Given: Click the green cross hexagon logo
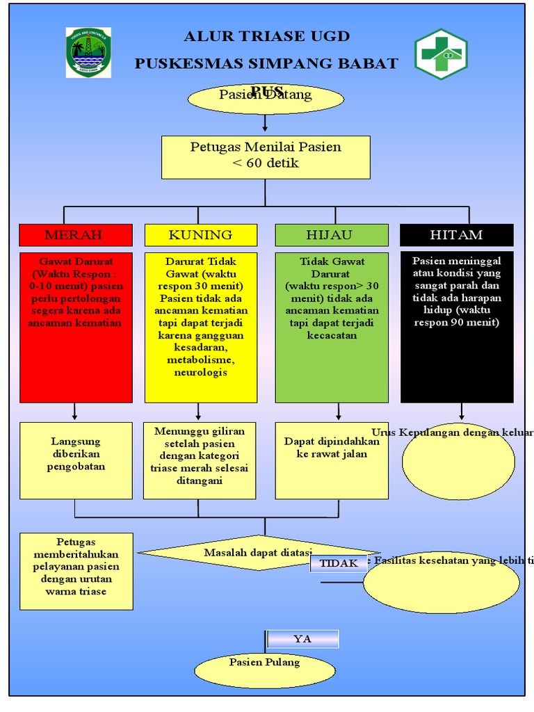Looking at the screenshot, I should (441, 54).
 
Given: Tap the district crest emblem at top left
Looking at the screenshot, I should (88, 52).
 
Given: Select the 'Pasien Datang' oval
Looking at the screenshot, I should (266, 98).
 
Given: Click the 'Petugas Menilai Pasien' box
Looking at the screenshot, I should (266, 157).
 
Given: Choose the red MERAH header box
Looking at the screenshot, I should (75, 235).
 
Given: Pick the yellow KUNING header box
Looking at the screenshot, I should (200, 235).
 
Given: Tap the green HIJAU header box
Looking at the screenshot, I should (331, 235).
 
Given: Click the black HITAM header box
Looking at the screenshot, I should (456, 235).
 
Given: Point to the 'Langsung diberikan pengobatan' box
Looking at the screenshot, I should (76, 460).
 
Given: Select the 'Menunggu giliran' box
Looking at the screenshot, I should (200, 460).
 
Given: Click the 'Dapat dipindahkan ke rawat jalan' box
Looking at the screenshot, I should (332, 460).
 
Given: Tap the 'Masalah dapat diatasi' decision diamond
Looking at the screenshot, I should (258, 553).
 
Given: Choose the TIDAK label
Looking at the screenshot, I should (338, 563).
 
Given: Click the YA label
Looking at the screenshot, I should (302, 639).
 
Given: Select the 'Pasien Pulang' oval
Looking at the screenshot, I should (265, 670).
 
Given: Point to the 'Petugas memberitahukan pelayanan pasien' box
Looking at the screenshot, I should (76, 572).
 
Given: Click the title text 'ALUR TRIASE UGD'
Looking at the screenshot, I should (266, 36).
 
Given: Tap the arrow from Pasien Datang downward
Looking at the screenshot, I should (265, 123).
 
